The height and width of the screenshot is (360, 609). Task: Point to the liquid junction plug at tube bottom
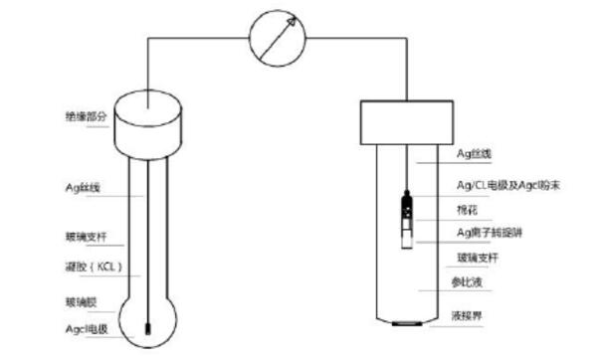point(404,323)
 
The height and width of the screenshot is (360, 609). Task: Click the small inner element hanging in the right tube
point(405,214)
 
